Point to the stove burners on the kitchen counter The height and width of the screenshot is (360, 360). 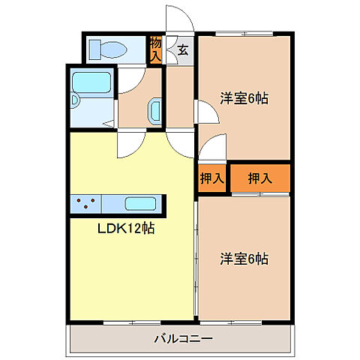click(85, 203)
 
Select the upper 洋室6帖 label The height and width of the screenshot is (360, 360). click(244, 97)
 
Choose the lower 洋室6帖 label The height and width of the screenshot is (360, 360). click(244, 259)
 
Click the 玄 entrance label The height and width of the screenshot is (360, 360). click(183, 51)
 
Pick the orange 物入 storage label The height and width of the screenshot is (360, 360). click(155, 50)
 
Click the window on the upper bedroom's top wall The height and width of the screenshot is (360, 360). click(244, 34)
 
